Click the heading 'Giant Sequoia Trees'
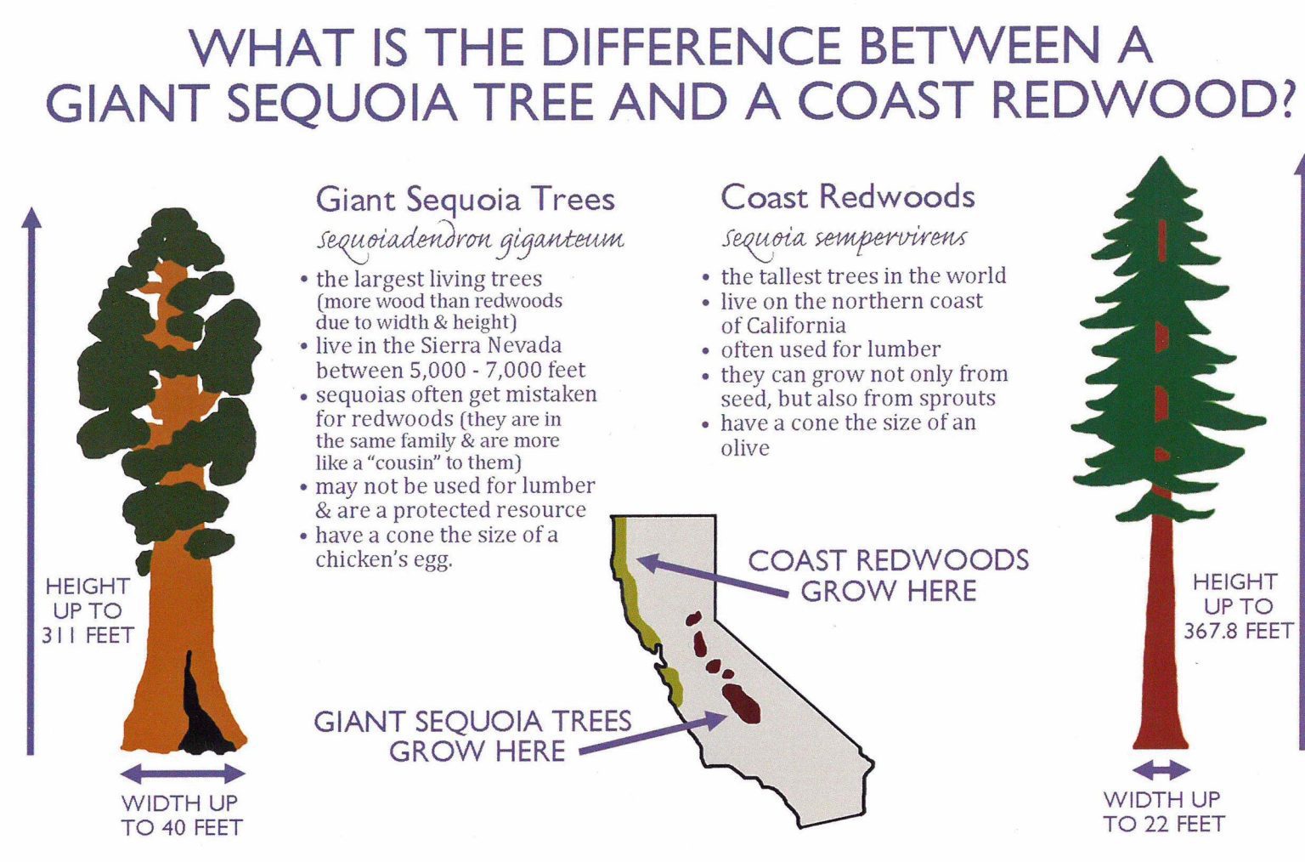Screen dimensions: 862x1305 [x=465, y=200]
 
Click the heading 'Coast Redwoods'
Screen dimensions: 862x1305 [x=847, y=197]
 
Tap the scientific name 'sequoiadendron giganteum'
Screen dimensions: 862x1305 [x=470, y=240]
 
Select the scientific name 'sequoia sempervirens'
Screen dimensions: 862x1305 [x=844, y=237]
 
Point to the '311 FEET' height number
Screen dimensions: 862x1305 [x=88, y=635]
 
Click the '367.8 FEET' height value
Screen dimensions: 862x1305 [x=1238, y=631]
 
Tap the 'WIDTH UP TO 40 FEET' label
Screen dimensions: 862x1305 [x=182, y=814]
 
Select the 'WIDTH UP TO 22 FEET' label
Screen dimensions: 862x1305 [x=1163, y=812]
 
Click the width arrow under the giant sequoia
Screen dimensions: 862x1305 [x=183, y=774]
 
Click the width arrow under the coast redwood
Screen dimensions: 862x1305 [x=1161, y=770]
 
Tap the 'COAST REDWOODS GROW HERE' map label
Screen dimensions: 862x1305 [x=888, y=576]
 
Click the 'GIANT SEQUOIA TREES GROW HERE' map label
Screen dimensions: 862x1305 [x=472, y=736]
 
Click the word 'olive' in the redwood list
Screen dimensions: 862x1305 [x=744, y=448]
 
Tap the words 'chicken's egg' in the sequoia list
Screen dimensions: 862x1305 [x=383, y=559]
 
